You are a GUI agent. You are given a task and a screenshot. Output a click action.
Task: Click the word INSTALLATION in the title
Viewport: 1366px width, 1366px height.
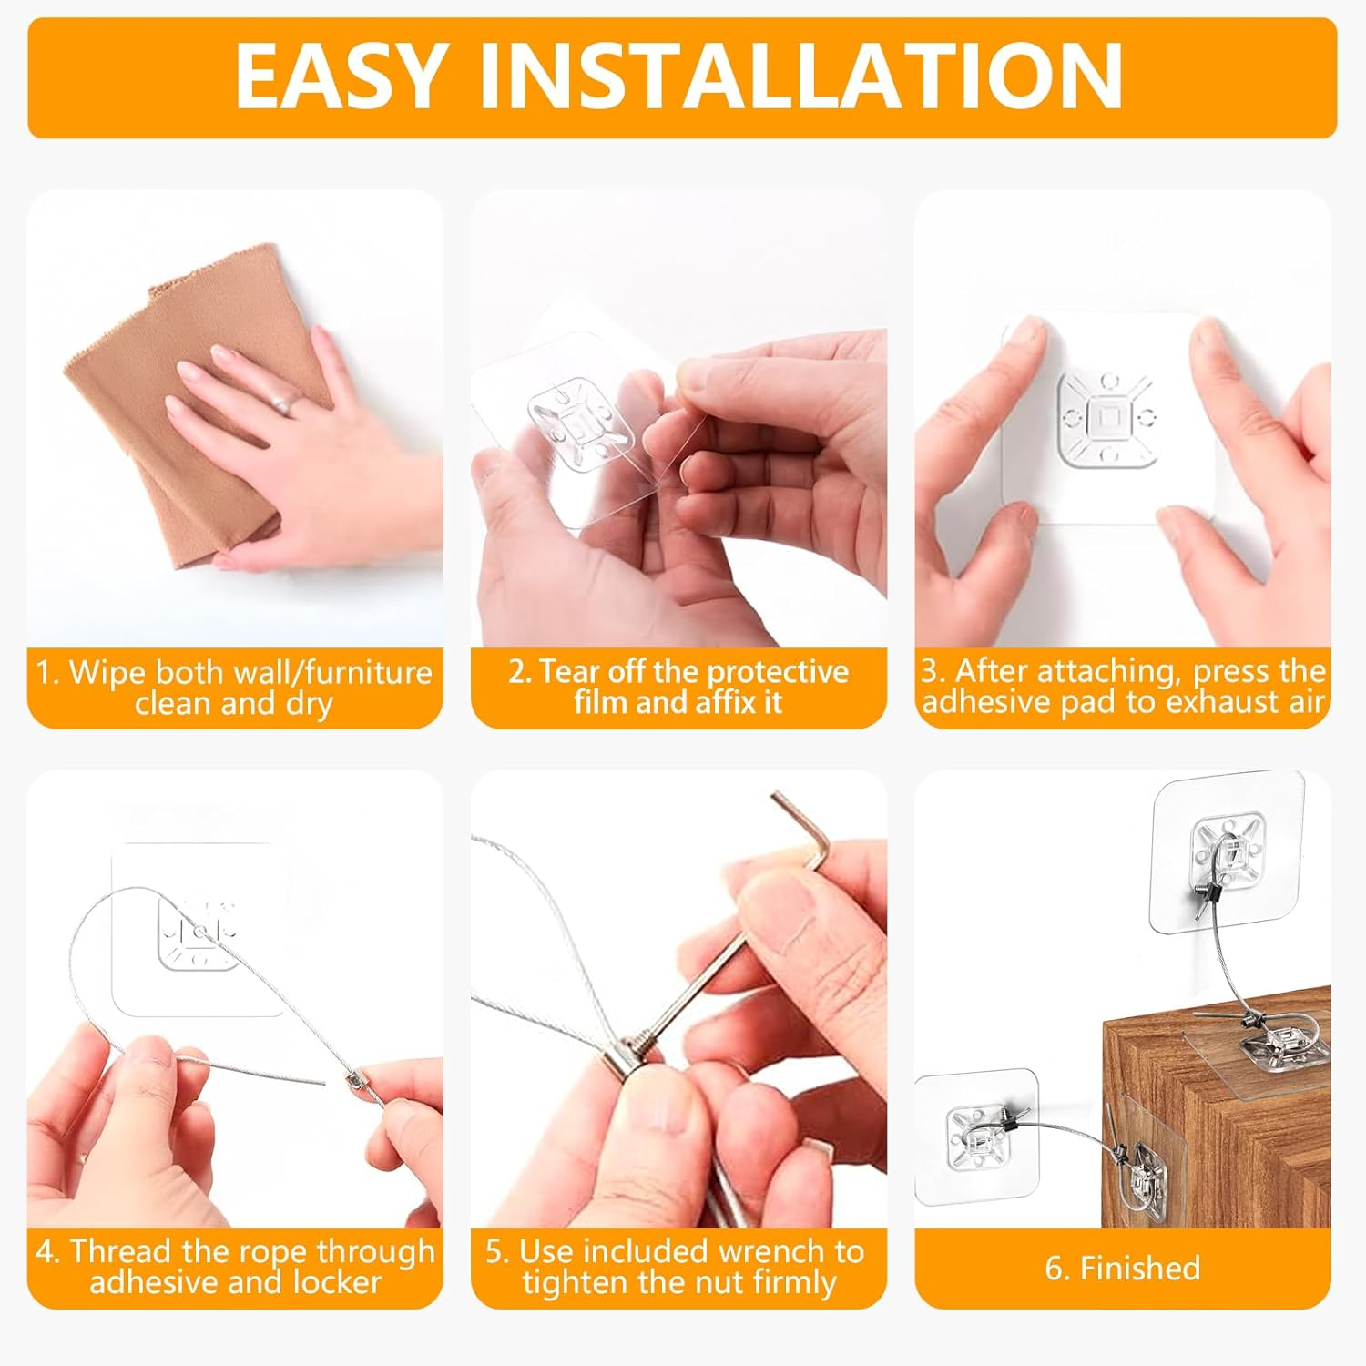tap(801, 76)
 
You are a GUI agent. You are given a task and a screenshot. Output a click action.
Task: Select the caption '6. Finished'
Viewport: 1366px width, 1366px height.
tap(1122, 1268)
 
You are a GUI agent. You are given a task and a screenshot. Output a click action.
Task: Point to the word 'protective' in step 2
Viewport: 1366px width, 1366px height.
tap(777, 671)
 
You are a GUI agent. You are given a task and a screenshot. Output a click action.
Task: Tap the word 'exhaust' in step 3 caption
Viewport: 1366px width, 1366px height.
tap(1212, 702)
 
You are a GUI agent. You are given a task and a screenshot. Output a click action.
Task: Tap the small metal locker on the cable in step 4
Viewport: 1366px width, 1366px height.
tap(352, 1080)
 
